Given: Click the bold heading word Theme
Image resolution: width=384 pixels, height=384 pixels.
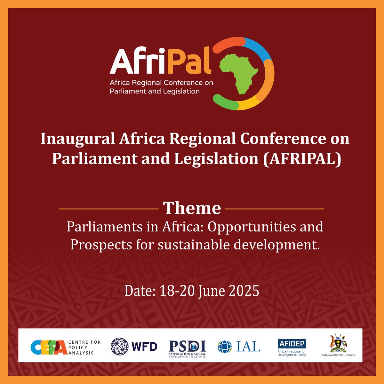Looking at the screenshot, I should (x=192, y=208).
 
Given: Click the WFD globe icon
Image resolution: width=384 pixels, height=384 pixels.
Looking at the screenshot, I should (x=121, y=347).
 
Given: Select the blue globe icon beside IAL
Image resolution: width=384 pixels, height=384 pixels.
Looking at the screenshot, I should (x=225, y=347).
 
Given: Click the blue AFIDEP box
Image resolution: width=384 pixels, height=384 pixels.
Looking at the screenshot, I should (x=292, y=344).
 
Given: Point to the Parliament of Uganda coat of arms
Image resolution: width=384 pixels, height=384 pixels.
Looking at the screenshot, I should (x=338, y=342).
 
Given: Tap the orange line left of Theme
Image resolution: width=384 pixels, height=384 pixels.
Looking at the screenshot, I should (x=109, y=209).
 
